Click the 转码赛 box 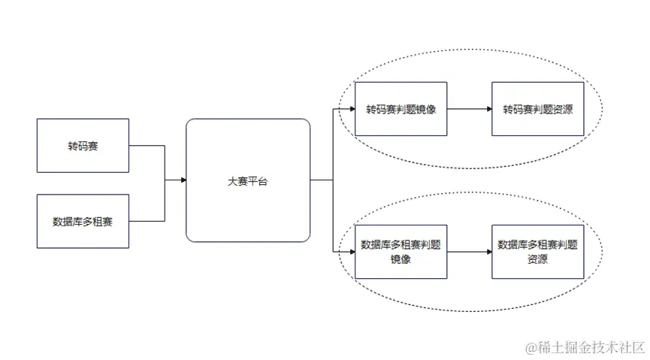coord(83,146)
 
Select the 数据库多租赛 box coord(83,221)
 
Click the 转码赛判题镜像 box coord(401,109)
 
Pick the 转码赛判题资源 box coord(537,109)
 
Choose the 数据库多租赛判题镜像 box coord(401,252)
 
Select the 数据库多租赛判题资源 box coord(537,252)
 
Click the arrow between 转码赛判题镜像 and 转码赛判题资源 coord(469,109)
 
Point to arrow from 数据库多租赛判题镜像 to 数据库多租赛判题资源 coord(469,252)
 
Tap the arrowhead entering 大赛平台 coord(183,180)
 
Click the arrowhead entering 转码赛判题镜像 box coord(351,109)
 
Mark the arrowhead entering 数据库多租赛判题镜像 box coord(351,252)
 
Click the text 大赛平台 coord(248,181)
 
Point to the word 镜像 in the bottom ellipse coord(401,259)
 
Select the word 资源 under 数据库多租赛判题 coord(537,259)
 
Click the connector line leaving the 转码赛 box coord(147,146)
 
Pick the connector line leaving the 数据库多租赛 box coord(147,221)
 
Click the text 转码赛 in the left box coord(83,146)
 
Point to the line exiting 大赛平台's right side coord(321,180)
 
